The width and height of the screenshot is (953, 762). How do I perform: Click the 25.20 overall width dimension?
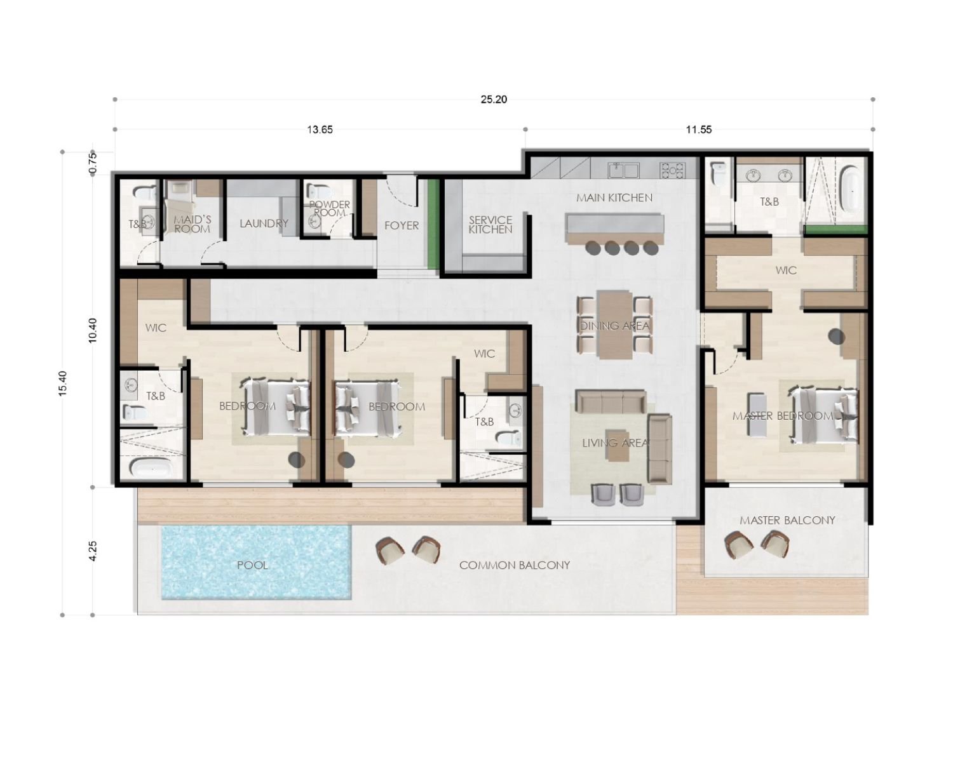(494, 99)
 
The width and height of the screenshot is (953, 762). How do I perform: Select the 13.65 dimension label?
(320, 130)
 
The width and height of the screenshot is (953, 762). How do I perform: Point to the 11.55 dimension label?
(698, 130)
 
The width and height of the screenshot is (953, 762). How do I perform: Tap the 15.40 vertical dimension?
(62, 384)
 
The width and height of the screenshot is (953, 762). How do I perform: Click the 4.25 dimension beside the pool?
(93, 551)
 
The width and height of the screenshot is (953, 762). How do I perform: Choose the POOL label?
(252, 565)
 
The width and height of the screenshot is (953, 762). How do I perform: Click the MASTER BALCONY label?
(787, 520)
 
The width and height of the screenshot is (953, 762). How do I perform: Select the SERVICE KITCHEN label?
(490, 225)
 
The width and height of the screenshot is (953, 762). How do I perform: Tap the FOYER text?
(402, 225)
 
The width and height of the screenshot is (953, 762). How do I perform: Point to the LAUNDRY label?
(264, 224)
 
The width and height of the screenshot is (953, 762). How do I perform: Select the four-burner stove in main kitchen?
(672, 170)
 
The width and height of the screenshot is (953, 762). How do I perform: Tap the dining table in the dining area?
(614, 325)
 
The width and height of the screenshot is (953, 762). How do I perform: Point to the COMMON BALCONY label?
(514, 565)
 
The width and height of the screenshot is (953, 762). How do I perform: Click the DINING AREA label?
(614, 326)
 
